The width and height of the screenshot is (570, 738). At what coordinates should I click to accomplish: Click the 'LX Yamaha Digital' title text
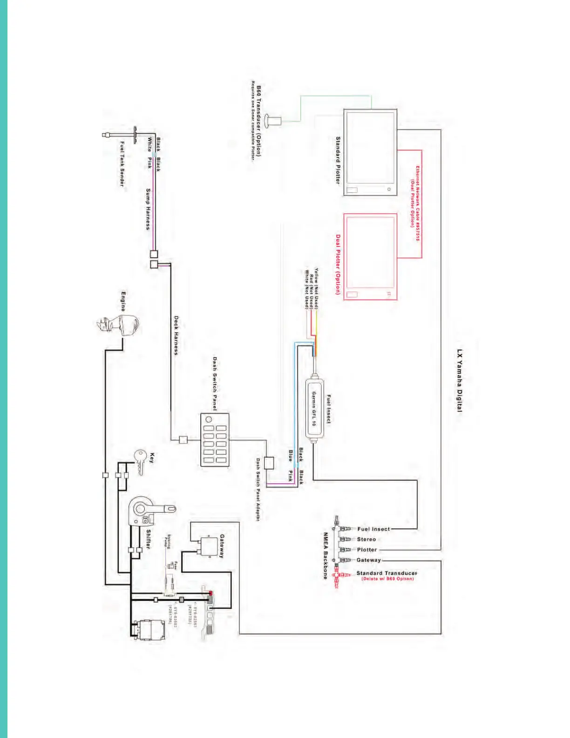tap(460, 380)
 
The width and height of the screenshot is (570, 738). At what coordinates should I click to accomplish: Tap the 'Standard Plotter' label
tap(338, 160)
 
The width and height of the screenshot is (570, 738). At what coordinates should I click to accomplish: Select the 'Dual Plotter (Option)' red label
tap(338, 264)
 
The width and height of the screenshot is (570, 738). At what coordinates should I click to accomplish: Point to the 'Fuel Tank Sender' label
tap(122, 164)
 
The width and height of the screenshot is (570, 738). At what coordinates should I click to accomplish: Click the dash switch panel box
tap(215, 439)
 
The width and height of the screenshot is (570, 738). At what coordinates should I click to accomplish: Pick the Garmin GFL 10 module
tap(314, 408)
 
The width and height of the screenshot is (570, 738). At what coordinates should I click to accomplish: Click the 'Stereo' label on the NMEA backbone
tap(366, 539)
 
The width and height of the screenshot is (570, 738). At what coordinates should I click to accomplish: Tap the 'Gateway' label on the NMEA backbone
tap(369, 560)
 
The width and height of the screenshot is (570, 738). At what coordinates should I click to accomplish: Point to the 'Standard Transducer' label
tap(387, 573)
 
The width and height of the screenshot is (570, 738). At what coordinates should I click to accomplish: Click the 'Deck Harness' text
tap(176, 335)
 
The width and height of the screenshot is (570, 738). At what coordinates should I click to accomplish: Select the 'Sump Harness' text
tap(148, 209)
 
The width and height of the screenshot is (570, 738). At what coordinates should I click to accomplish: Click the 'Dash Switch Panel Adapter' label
tap(258, 489)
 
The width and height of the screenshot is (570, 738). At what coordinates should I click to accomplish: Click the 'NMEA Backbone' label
tap(326, 556)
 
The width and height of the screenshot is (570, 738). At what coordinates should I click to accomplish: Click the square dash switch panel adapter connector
tap(269, 463)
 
